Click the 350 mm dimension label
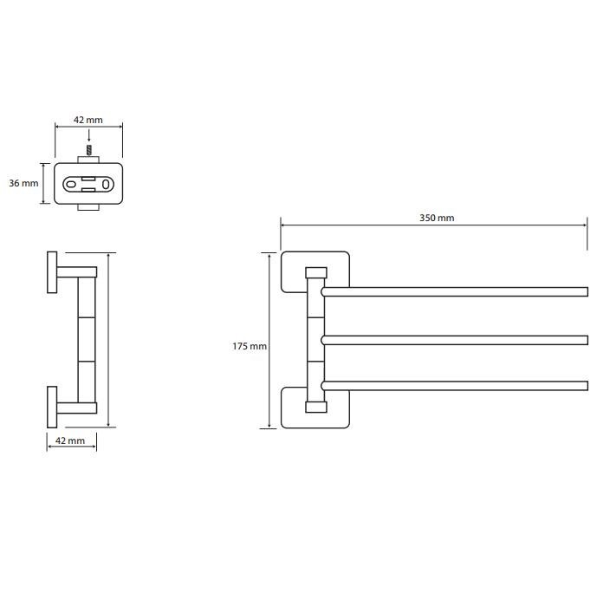tap(437, 218)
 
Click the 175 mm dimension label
tap(250, 346)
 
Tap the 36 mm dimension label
tap(23, 183)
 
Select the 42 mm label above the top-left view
tap(88, 120)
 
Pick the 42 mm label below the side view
tap(70, 441)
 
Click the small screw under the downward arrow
tap(89, 150)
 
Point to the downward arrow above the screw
tap(89, 136)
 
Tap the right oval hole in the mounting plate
tap(106, 184)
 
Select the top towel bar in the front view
tap(455, 291)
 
